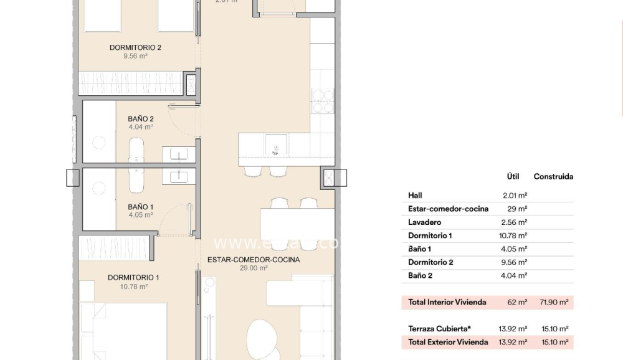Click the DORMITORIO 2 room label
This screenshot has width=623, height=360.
pos(135,47)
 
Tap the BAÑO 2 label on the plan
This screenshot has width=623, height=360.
pos(140,118)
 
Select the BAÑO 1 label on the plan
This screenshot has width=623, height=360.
pos(140,207)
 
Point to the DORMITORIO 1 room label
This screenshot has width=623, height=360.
pos(133,278)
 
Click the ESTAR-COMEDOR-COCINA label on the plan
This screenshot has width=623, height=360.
pos(254,260)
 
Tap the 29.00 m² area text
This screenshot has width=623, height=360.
pos(254,268)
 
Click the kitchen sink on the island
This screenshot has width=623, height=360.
pos(274,148)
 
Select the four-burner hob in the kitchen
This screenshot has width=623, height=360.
pos(323,101)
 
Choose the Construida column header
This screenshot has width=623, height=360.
pos(553,176)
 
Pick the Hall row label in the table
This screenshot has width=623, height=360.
pos(415,196)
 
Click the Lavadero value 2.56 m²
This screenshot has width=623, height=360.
pos(515,222)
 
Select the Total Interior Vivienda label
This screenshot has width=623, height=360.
pos(447,302)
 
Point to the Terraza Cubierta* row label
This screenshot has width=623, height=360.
pos(439,329)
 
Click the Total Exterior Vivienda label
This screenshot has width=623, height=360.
pos(447,342)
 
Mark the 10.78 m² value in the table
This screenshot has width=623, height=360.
pos(515,235)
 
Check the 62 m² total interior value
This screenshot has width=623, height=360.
pos(517,302)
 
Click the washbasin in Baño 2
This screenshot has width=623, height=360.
pos(179,154)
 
